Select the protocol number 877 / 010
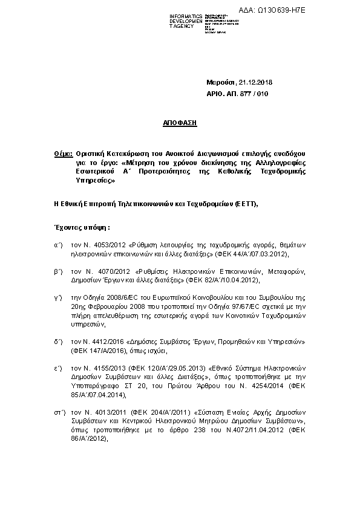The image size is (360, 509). click(x=252, y=94)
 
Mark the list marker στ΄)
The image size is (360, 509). click(x=59, y=411)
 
